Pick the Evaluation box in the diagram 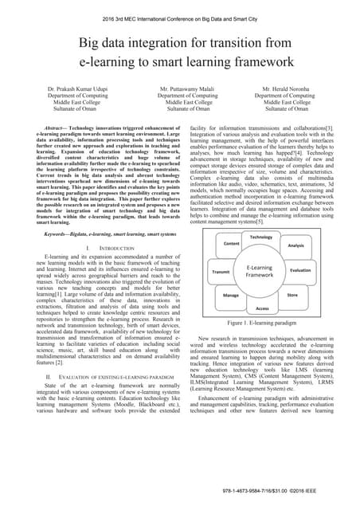(x=300, y=271)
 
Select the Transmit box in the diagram (x=221, y=272)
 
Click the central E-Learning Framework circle (x=261, y=271)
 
